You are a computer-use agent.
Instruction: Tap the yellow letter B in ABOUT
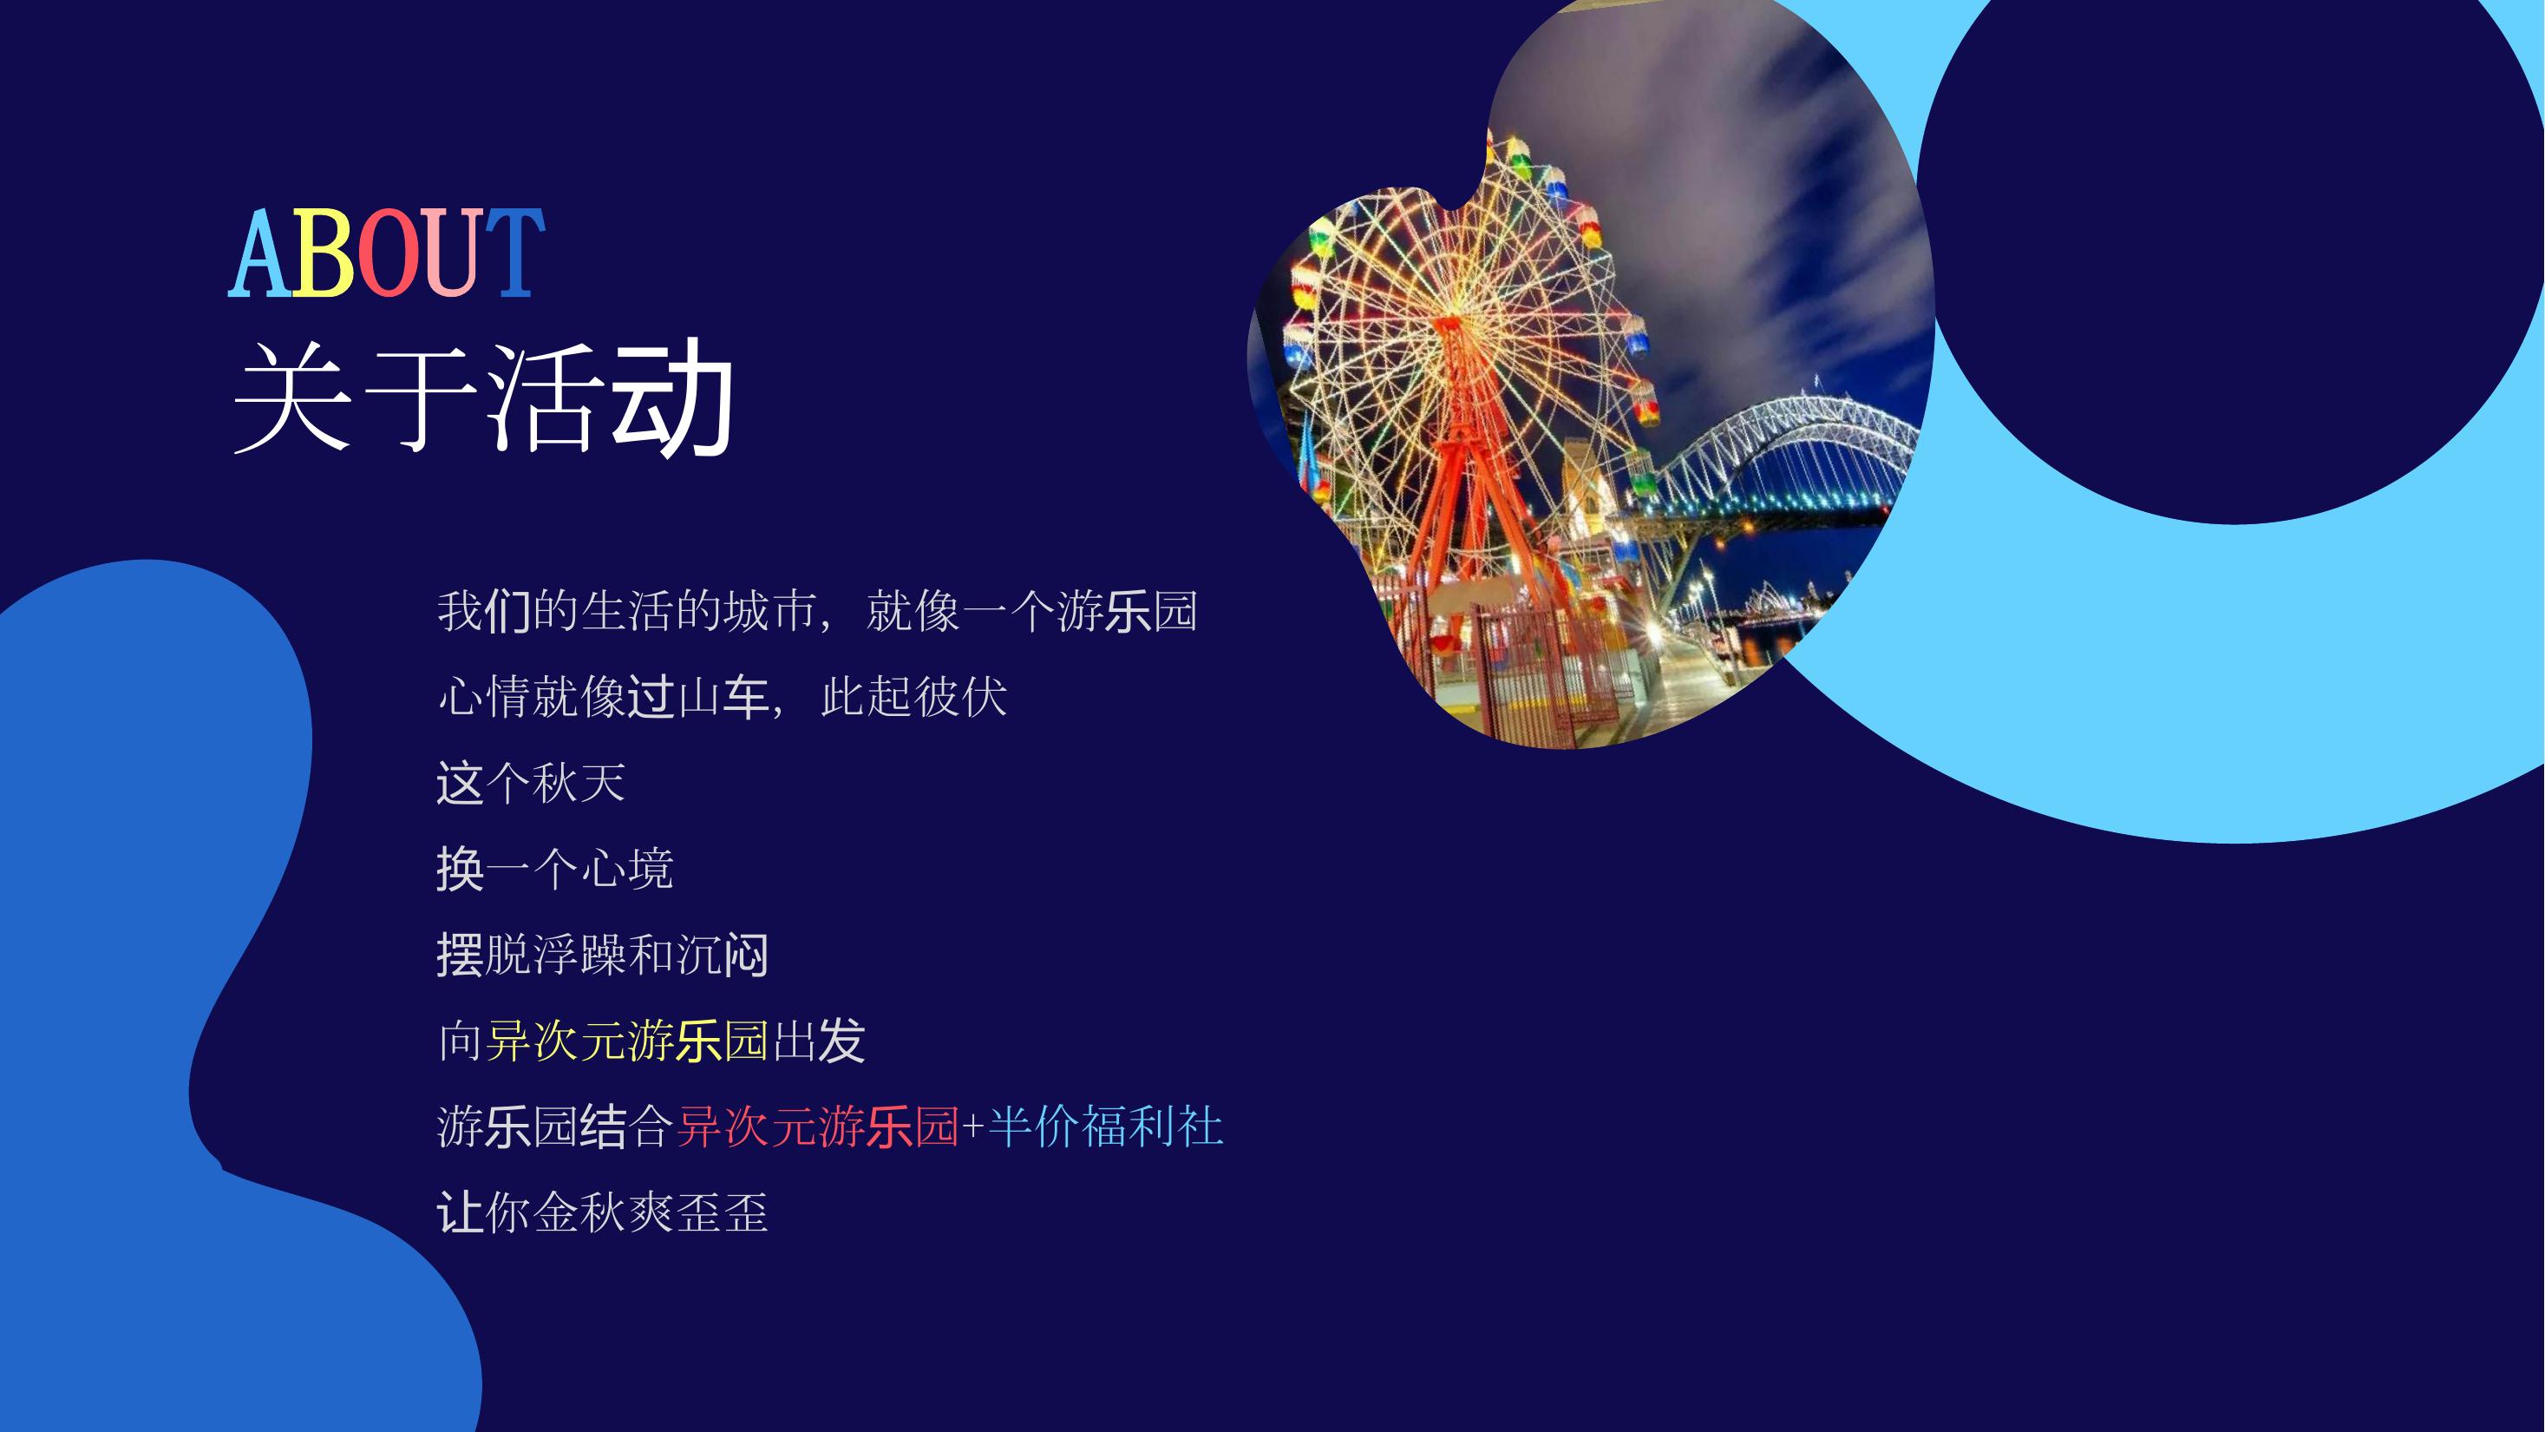(322, 253)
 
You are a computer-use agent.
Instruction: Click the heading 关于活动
(484, 398)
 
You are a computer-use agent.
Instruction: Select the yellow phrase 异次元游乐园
(626, 1041)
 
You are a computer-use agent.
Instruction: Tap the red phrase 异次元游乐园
(818, 1127)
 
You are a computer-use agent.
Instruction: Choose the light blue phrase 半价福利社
(1106, 1127)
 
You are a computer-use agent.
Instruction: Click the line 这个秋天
(532, 783)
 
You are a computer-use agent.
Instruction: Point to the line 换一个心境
(555, 869)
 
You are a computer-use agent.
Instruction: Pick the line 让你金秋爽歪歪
(603, 1212)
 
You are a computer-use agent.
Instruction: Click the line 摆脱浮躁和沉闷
(603, 955)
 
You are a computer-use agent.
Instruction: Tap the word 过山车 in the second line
(698, 697)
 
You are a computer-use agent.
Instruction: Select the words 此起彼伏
(914, 697)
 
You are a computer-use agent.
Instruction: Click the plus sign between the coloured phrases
(973, 1127)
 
